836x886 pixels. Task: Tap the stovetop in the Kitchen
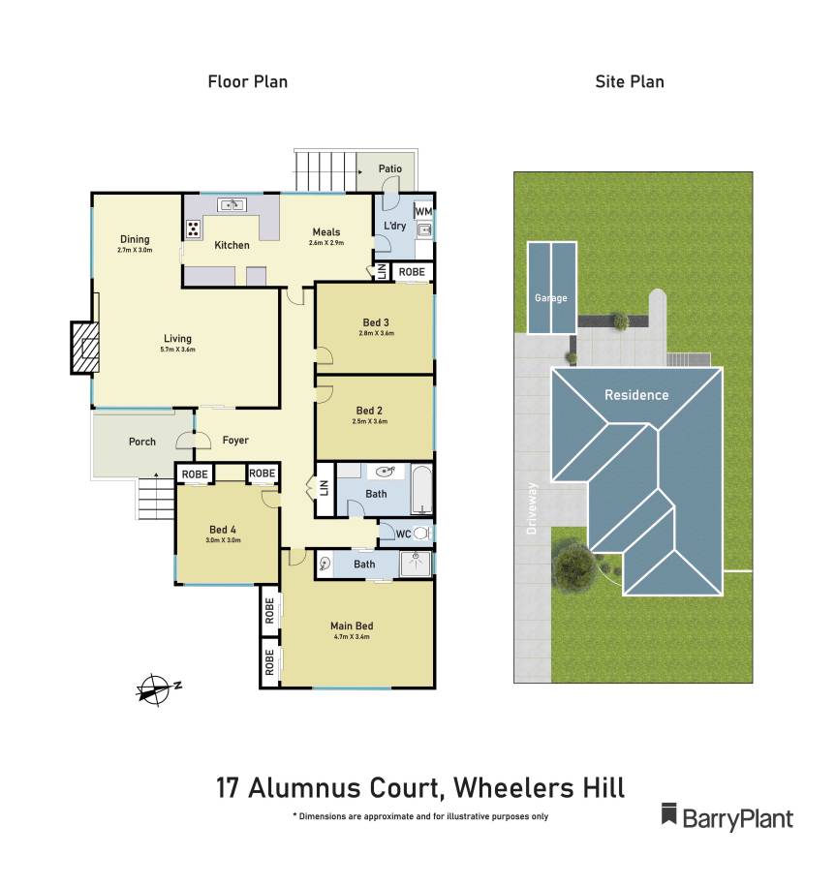tap(193, 229)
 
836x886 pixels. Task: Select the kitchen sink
tap(232, 204)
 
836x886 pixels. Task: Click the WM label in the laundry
tap(423, 211)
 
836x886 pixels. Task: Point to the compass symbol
tap(154, 688)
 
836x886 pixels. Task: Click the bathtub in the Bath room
tap(421, 489)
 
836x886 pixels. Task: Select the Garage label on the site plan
tap(550, 298)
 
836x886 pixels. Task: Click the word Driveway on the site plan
tap(531, 509)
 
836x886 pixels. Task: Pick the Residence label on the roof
tap(636, 395)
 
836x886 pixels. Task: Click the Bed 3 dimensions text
tap(377, 333)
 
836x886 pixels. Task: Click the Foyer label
tap(235, 441)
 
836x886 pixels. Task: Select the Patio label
tap(390, 168)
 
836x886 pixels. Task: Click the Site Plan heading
tap(630, 81)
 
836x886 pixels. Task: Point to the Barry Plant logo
tap(727, 817)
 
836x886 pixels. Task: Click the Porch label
tap(142, 443)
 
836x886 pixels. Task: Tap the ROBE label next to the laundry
tap(412, 272)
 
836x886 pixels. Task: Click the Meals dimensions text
tap(325, 242)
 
